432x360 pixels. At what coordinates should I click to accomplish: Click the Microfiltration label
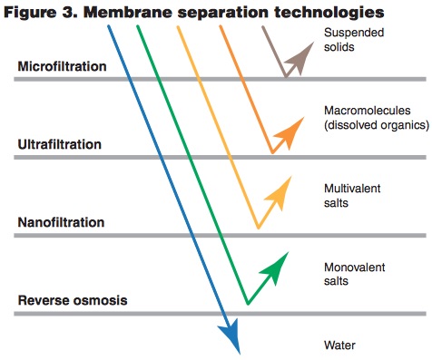tap(63, 67)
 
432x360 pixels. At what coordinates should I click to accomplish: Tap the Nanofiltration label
tap(61, 222)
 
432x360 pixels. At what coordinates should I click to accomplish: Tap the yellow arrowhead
tap(280, 189)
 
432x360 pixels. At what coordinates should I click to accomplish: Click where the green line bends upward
tap(246, 304)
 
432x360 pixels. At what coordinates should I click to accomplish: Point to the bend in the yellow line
tap(258, 228)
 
